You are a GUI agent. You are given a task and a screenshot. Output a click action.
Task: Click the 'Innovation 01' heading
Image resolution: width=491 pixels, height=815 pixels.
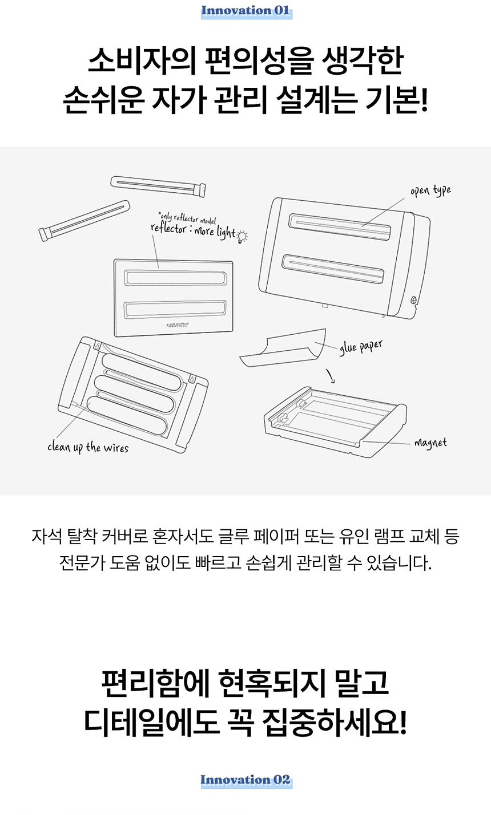pyautogui.click(x=246, y=11)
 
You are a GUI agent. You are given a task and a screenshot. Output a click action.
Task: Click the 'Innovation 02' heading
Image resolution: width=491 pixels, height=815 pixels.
pyautogui.click(x=246, y=780)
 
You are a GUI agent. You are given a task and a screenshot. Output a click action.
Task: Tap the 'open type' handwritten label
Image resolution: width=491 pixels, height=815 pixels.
pyautogui.click(x=431, y=190)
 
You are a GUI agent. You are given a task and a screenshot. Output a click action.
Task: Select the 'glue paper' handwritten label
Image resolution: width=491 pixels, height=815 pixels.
pyautogui.click(x=361, y=347)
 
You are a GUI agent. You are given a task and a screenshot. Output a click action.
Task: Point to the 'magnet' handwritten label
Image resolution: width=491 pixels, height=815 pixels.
pyautogui.click(x=430, y=443)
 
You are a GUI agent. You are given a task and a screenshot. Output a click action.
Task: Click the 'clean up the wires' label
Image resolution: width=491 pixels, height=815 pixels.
pyautogui.click(x=88, y=447)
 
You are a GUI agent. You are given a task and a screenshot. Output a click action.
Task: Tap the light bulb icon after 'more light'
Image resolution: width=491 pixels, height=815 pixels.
pyautogui.click(x=242, y=237)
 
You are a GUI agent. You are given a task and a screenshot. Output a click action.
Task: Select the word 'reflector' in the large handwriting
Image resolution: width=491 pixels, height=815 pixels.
pyautogui.click(x=168, y=229)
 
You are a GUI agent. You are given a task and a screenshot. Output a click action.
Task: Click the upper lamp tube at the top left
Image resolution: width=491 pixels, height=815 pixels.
pyautogui.click(x=158, y=186)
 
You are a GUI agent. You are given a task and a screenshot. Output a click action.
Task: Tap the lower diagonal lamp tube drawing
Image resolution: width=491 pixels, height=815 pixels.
pyautogui.click(x=84, y=221)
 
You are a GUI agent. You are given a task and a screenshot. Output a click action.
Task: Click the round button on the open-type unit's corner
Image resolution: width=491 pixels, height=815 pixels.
pyautogui.click(x=413, y=300)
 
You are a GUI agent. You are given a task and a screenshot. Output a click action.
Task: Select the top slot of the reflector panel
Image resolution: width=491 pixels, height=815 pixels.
pyautogui.click(x=175, y=278)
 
